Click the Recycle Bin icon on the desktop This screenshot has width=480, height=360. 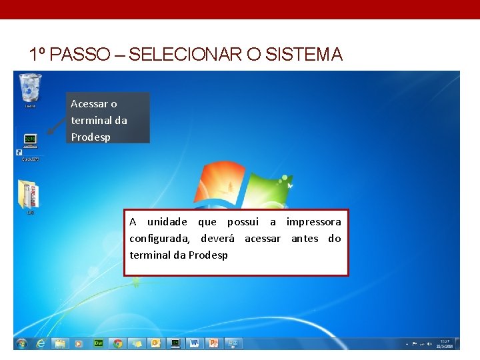30,88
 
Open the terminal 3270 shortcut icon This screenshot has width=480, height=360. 30,141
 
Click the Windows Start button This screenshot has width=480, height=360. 22,343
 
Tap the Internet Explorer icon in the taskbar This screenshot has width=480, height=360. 41,343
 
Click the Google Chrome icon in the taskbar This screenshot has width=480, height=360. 117,343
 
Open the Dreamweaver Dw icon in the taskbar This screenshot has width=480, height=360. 98,343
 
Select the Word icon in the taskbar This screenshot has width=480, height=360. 195,343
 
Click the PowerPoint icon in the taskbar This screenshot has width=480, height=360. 214,343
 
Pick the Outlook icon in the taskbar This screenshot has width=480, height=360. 156,343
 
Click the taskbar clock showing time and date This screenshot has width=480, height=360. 444,343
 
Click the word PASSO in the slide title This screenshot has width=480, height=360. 73,55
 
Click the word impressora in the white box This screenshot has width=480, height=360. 313,222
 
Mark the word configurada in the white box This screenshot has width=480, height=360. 159,239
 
